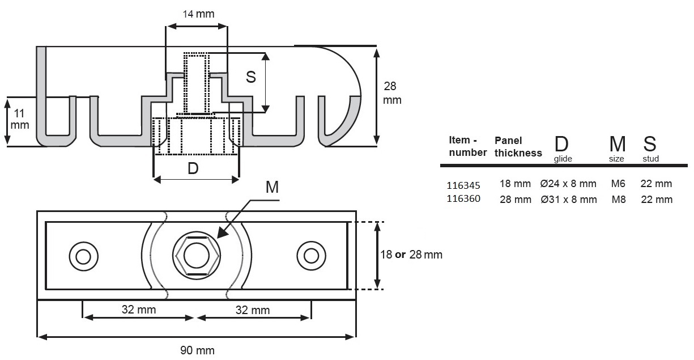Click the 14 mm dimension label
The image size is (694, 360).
click(x=198, y=14)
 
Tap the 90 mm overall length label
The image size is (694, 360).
click(x=197, y=350)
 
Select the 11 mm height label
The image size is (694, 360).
click(x=19, y=118)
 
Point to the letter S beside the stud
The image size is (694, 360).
click(x=251, y=78)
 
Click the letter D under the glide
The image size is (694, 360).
click(x=193, y=169)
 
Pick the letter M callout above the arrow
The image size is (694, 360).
click(x=272, y=188)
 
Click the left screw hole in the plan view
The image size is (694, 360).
click(x=83, y=256)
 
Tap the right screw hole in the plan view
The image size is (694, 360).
click(x=310, y=256)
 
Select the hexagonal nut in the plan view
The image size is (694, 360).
click(x=197, y=256)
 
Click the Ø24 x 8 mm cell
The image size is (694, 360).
click(x=568, y=184)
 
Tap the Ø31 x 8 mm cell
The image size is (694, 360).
click(x=568, y=199)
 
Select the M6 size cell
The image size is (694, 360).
click(x=619, y=184)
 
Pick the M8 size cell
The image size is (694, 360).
click(x=619, y=199)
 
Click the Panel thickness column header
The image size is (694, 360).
click(x=518, y=146)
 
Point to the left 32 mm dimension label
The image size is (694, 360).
click(x=139, y=310)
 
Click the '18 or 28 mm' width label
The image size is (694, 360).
click(x=411, y=255)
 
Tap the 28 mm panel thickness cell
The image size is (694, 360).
click(x=515, y=199)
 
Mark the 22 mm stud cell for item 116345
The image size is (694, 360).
click(x=657, y=184)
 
